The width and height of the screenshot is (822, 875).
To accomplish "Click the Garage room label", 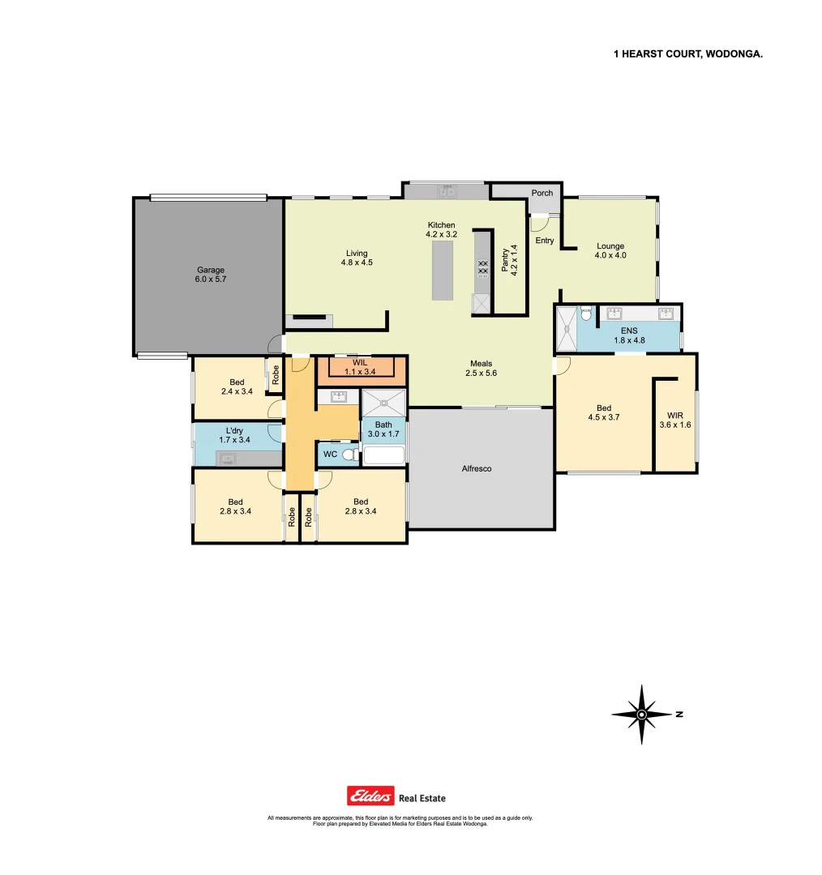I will point(210,271).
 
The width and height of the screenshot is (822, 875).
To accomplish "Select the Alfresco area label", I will point(476,469).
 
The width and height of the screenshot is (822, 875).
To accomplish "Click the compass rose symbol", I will point(641,715).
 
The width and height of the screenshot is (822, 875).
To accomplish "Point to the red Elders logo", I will point(370,796).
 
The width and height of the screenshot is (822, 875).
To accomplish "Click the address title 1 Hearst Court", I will point(688,53).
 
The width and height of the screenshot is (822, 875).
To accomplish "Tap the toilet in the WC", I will point(349,455).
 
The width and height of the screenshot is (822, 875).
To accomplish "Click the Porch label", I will point(542,193).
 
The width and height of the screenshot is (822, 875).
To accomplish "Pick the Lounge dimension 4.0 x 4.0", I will point(610,255).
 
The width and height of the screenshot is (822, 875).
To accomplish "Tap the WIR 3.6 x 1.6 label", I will point(674,419).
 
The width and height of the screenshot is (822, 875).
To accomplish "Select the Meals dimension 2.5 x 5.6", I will point(482,373).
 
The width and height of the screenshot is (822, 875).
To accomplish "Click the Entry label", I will point(544,241).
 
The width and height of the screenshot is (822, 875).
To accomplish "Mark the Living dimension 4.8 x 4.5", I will point(357,262).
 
